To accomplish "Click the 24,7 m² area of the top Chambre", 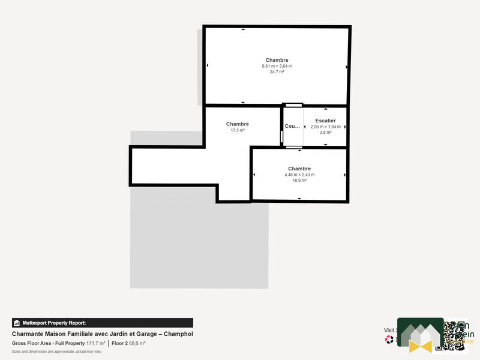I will [x=277, y=71].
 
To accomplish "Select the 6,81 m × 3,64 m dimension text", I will [x=277, y=66].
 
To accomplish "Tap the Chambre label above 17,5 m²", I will [x=238, y=124].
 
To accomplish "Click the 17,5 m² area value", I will [x=238, y=130].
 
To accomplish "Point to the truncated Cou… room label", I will [x=292, y=127].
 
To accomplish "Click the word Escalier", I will [x=325, y=121].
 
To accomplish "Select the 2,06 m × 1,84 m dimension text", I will [x=325, y=127].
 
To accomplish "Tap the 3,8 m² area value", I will [x=325, y=133].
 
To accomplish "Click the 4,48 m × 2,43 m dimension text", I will [x=299, y=175].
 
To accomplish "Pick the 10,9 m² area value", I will [x=299, y=180].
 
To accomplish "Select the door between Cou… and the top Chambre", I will [x=294, y=106].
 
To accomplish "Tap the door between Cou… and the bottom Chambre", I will [x=294, y=147].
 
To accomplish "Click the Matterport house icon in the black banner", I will [x=17, y=323].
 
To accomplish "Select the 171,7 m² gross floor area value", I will [x=95, y=343].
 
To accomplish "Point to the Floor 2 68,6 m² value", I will [x=128, y=343].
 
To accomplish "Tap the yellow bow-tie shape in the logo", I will [x=421, y=345].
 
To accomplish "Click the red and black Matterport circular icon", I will [x=389, y=339].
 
